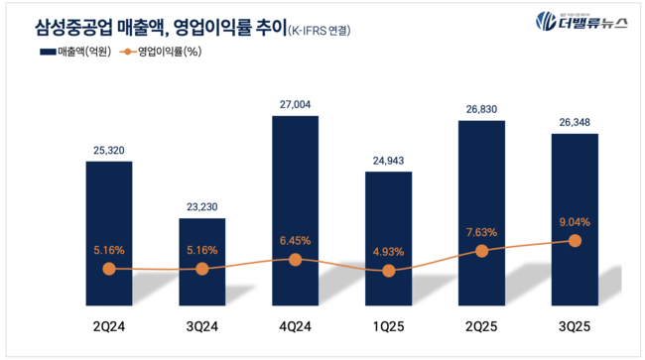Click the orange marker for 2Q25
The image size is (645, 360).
481,251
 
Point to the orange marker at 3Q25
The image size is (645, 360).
575,240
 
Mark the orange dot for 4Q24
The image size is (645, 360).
295,259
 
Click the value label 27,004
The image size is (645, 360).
295,103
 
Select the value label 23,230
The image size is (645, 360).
202,205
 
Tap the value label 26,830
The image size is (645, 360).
481,109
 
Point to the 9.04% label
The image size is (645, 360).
575,223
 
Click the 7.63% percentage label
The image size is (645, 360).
481,233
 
